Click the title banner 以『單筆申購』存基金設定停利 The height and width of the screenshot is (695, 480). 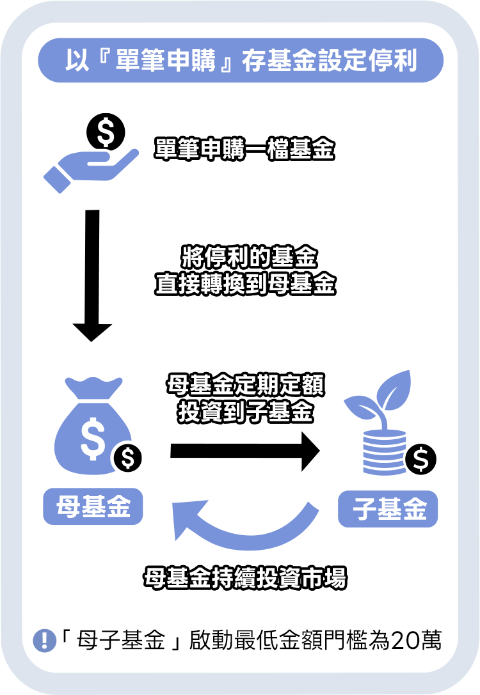tap(240, 61)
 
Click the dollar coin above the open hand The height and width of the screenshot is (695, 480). tap(106, 132)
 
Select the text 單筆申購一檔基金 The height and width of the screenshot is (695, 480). tap(245, 150)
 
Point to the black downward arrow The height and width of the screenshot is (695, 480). tap(93, 275)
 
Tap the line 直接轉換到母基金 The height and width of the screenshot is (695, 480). tap(245, 285)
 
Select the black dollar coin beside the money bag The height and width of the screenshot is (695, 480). tap(127, 458)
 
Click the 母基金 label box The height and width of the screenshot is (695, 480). tap(93, 508)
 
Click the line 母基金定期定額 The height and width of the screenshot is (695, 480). tap(245, 386)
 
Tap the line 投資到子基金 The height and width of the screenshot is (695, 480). tap(245, 412)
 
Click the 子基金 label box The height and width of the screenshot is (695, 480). tap(388, 509)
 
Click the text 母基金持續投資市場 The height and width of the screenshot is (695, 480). tap(245, 578)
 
